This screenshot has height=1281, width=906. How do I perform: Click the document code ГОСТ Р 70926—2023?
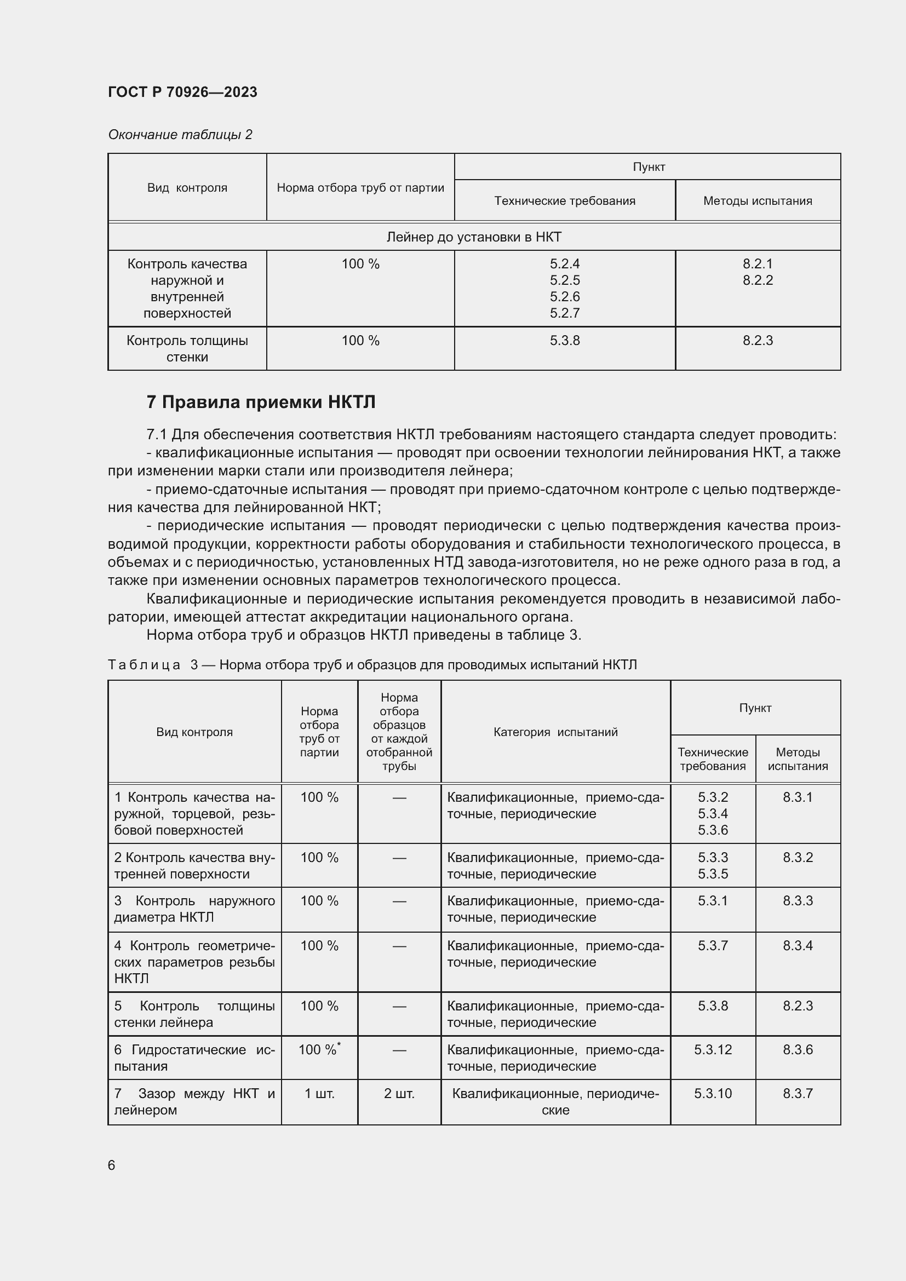182,92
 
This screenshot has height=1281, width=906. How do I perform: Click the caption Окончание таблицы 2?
180,135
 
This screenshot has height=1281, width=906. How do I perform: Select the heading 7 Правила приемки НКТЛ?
261,401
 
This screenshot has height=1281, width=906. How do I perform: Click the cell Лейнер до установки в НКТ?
474,237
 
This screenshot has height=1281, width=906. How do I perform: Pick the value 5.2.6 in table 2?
565,296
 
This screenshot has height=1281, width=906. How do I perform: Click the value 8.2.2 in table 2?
757,280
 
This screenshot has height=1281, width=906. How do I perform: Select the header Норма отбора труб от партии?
360,187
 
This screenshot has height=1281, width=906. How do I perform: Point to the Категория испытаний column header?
555,732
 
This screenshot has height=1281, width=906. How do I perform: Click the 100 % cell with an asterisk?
319,1049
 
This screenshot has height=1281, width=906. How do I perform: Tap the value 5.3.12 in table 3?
713,1049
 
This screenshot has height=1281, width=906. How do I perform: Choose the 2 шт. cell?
399,1093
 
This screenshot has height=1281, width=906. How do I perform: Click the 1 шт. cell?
319,1093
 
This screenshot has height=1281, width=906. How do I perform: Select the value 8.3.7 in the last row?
797,1093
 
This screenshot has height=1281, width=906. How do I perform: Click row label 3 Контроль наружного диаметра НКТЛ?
194,909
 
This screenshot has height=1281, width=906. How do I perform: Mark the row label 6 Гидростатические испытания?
194,1057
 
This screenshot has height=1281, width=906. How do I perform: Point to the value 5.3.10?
713,1093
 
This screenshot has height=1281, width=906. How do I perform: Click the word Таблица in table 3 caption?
144,664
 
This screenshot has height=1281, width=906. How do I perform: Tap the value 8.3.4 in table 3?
797,945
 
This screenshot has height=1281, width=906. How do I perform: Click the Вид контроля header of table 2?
187,187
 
